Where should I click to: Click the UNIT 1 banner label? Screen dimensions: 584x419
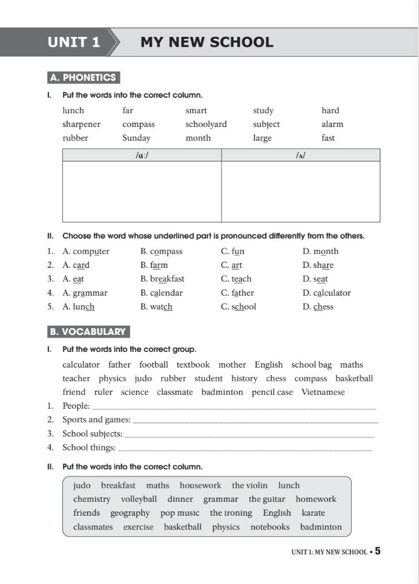point(74,42)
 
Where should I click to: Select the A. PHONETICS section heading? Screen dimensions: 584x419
point(84,78)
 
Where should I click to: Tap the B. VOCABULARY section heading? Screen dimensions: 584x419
point(88,332)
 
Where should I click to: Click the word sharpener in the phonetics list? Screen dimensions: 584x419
point(81,125)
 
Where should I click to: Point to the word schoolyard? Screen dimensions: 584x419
point(206,125)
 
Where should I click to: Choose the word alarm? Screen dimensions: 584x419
point(332,125)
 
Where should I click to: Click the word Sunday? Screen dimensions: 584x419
point(136,138)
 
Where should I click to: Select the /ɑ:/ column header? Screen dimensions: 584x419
point(142,155)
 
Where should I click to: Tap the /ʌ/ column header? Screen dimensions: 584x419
point(300,155)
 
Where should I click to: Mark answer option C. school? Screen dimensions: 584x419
point(239,307)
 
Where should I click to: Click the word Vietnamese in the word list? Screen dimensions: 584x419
point(323,392)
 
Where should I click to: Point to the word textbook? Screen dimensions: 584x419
point(193,365)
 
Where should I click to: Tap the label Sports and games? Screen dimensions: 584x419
point(96,420)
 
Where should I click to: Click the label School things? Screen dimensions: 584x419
point(89,448)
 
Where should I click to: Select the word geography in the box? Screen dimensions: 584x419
point(130,513)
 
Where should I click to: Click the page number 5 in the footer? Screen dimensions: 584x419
point(378,551)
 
